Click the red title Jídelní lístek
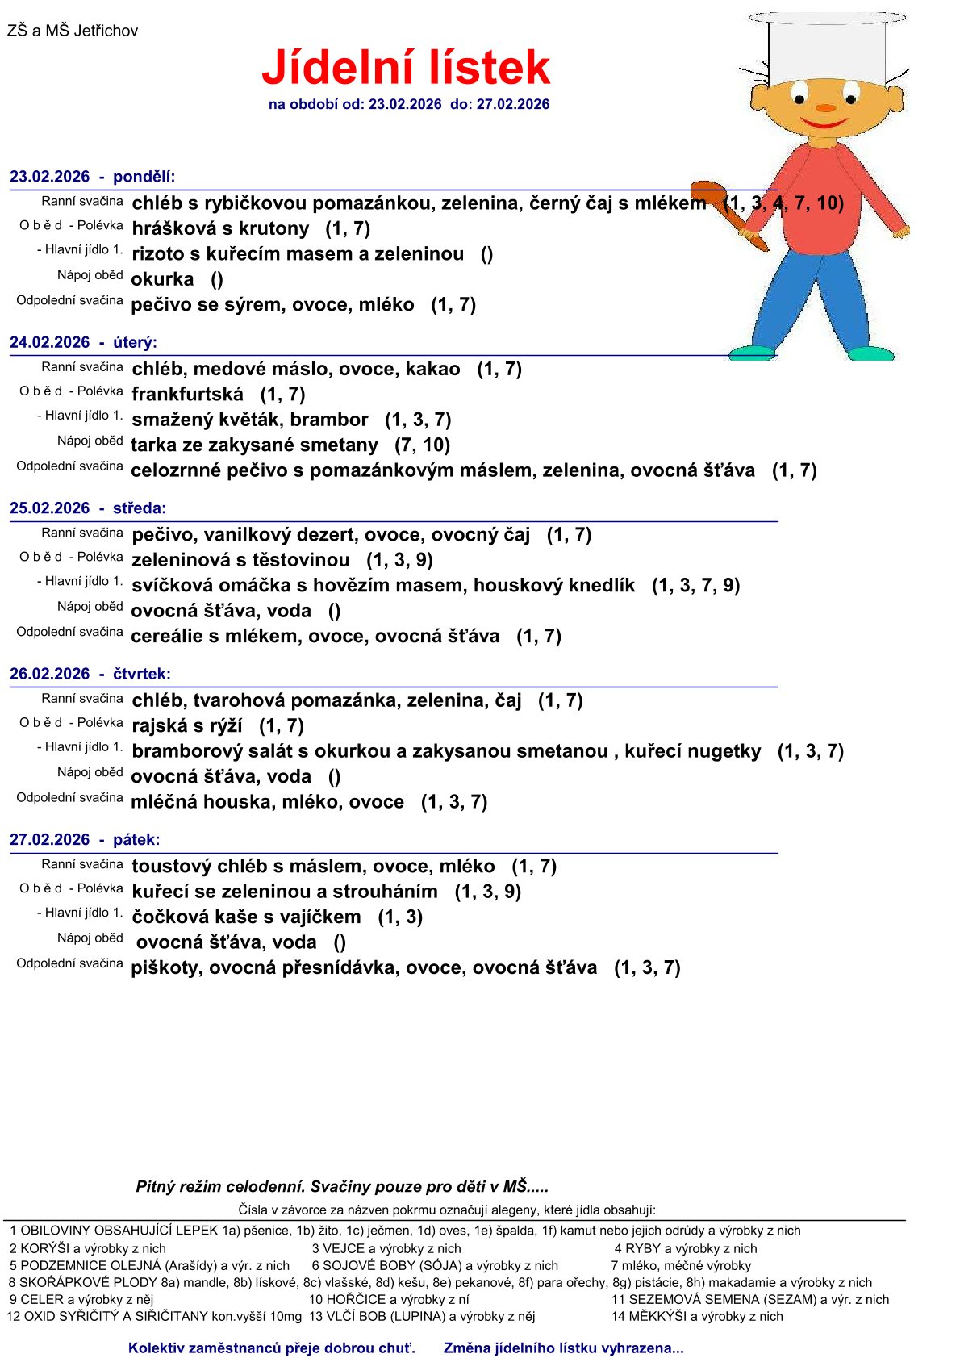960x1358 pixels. (x=406, y=68)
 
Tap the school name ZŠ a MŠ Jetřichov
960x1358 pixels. (x=73, y=31)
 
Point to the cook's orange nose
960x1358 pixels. (x=825, y=107)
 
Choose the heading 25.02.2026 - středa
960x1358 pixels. (x=88, y=508)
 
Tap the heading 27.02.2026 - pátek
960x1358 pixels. (x=85, y=840)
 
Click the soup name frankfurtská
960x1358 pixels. (x=187, y=395)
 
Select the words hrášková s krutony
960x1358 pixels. (x=220, y=229)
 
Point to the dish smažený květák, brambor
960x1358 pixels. (x=250, y=420)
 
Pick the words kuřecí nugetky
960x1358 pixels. (x=692, y=751)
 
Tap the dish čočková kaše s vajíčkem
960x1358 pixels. (x=246, y=917)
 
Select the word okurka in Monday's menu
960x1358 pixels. (x=162, y=279)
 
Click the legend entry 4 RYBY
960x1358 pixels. (x=686, y=1248)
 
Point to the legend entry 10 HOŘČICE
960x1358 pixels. (x=389, y=1299)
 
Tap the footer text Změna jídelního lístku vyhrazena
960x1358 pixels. (x=563, y=1348)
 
